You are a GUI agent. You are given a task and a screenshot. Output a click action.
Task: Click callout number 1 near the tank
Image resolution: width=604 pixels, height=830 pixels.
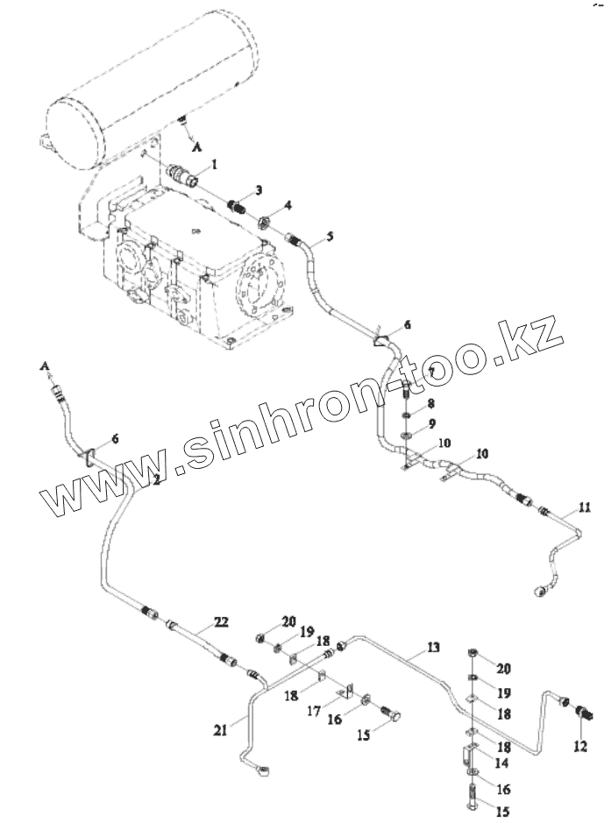pos(215,163)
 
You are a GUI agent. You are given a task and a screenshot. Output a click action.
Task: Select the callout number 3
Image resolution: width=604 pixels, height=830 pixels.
pos(259,189)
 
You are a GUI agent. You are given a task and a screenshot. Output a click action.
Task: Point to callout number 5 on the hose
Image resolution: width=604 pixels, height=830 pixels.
pos(330,236)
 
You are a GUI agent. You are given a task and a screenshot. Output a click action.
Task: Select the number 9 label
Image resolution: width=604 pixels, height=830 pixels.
pos(432,424)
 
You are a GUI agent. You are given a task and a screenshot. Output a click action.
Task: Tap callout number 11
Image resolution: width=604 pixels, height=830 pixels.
pos(585,506)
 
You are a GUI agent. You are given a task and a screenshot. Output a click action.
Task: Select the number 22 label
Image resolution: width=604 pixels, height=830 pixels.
pos(222,621)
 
